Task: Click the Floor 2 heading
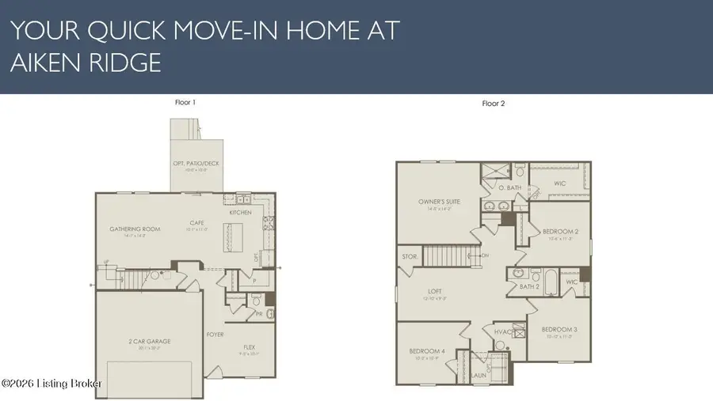[x=494, y=103]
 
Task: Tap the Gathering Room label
[x=135, y=229]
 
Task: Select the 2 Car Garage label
[x=149, y=341]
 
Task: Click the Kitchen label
[x=240, y=213]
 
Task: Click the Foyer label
[x=214, y=335]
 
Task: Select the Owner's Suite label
[x=440, y=202]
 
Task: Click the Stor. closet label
[x=410, y=256]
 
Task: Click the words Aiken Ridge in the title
[x=86, y=63]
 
